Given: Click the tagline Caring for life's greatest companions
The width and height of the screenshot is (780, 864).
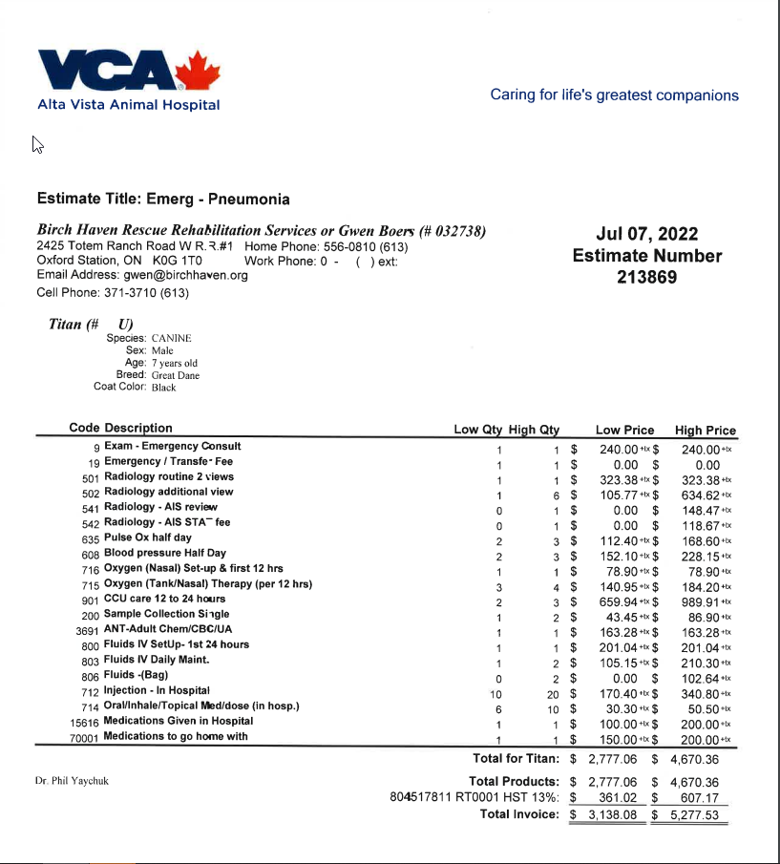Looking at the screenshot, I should (614, 95).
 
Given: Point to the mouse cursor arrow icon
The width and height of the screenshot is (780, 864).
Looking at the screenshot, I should (37, 144).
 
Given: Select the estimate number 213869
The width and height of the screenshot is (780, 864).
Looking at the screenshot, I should (646, 278).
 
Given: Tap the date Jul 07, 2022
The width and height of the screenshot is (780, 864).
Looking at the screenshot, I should (646, 235).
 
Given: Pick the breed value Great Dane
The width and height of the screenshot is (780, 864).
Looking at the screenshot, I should (176, 375).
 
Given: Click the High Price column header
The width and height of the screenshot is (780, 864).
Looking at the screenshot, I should (705, 430).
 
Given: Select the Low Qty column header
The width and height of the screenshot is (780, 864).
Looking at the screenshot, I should (478, 430).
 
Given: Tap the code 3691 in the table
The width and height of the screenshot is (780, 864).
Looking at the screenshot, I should (87, 630).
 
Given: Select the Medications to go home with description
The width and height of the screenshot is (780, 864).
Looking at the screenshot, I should (176, 736).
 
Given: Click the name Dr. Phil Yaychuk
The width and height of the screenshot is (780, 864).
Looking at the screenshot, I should (72, 781).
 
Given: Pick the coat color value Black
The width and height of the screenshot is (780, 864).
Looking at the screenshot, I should (164, 388).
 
